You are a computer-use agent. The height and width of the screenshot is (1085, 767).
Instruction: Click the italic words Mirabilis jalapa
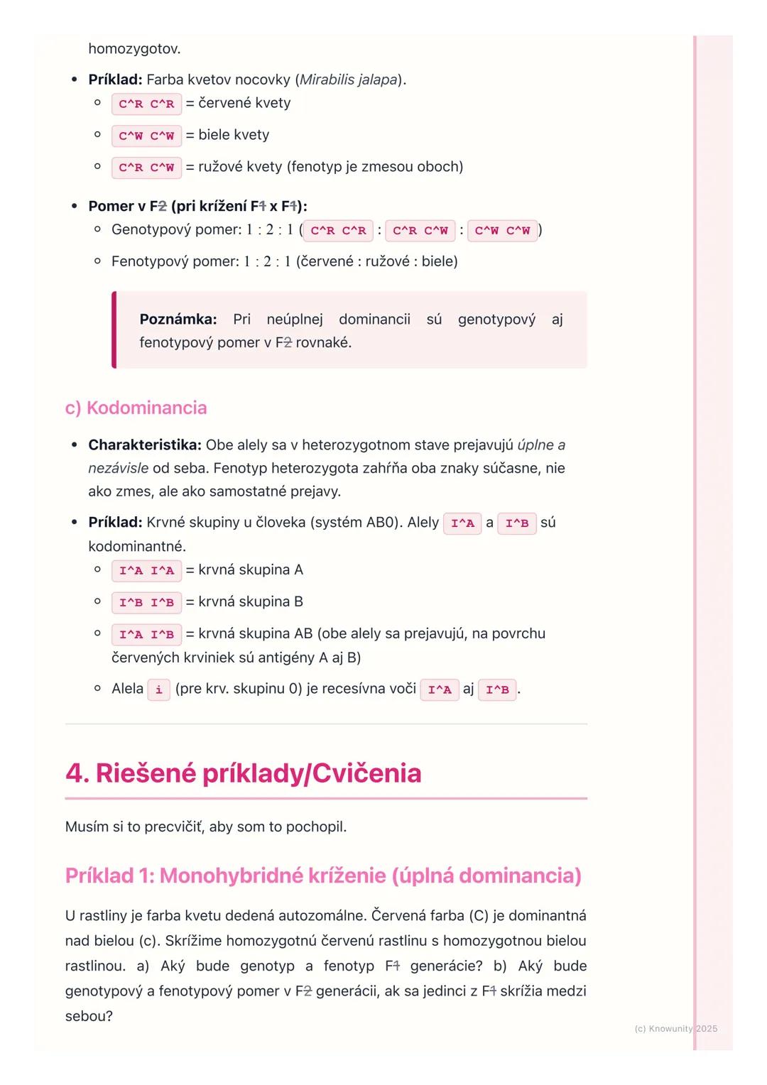coord(348,80)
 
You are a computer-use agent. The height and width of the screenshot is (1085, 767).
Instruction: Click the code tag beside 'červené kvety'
coord(146,104)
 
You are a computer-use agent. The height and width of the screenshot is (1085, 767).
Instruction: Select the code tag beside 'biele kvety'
coord(146,136)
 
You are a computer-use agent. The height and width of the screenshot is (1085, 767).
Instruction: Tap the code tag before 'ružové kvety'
coord(146,168)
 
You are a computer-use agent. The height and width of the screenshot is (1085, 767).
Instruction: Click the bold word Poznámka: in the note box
coord(178,320)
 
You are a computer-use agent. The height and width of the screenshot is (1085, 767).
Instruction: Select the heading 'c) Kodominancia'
coord(136,408)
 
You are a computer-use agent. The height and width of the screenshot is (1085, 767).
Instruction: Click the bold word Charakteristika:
coord(145,445)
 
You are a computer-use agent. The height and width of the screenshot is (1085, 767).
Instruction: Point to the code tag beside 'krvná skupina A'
coord(146,571)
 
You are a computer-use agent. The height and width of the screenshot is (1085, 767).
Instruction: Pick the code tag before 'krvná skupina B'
coord(146,603)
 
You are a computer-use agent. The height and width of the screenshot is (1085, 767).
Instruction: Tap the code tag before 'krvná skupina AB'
coord(146,635)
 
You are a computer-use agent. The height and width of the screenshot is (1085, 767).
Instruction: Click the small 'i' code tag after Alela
coord(158,689)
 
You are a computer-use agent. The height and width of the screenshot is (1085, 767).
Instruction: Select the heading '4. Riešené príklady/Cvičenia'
coord(243,773)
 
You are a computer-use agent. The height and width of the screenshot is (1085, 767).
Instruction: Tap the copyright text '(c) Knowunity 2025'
coord(675,1029)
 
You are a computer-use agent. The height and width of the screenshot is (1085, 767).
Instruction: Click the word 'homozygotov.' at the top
coord(134,49)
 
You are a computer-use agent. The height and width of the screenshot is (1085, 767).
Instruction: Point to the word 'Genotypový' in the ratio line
coord(150,230)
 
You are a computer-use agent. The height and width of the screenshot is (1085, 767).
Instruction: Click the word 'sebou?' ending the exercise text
coord(89,1016)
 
